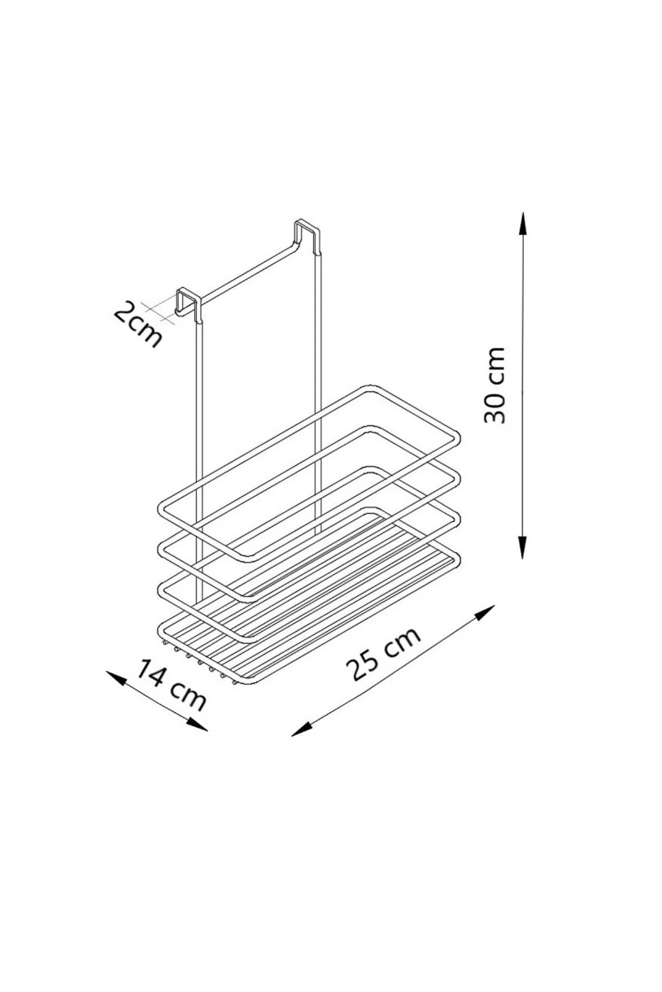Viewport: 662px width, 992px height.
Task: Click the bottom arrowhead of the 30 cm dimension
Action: [523, 547]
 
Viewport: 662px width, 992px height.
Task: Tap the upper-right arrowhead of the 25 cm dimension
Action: [484, 612]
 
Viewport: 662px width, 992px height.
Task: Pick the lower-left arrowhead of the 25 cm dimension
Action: [302, 729]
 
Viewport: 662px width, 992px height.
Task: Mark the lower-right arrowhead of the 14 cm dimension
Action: [197, 724]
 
